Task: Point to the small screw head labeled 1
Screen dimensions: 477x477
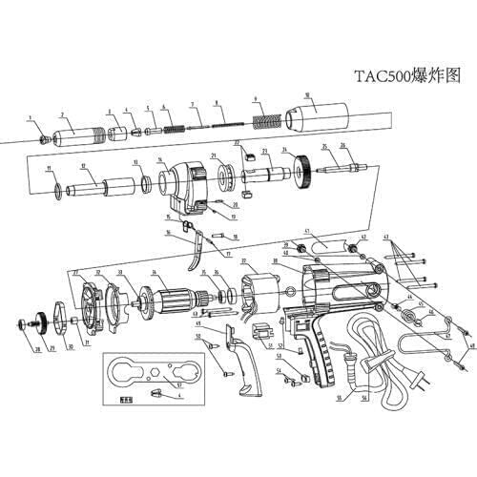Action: [42, 138]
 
